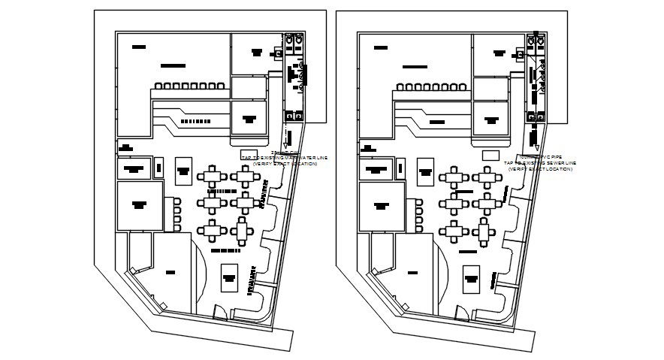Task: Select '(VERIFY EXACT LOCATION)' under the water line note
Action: tap(285, 163)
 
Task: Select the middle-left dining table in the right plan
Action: tap(454, 203)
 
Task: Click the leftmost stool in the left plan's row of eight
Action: tap(158, 86)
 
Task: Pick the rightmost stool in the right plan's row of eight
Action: tap(457, 86)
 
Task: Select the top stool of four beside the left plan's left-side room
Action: tap(177, 201)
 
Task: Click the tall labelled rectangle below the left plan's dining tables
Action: tap(229, 277)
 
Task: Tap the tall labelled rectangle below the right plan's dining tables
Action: tap(472, 277)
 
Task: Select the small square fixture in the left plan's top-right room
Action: tap(278, 53)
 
